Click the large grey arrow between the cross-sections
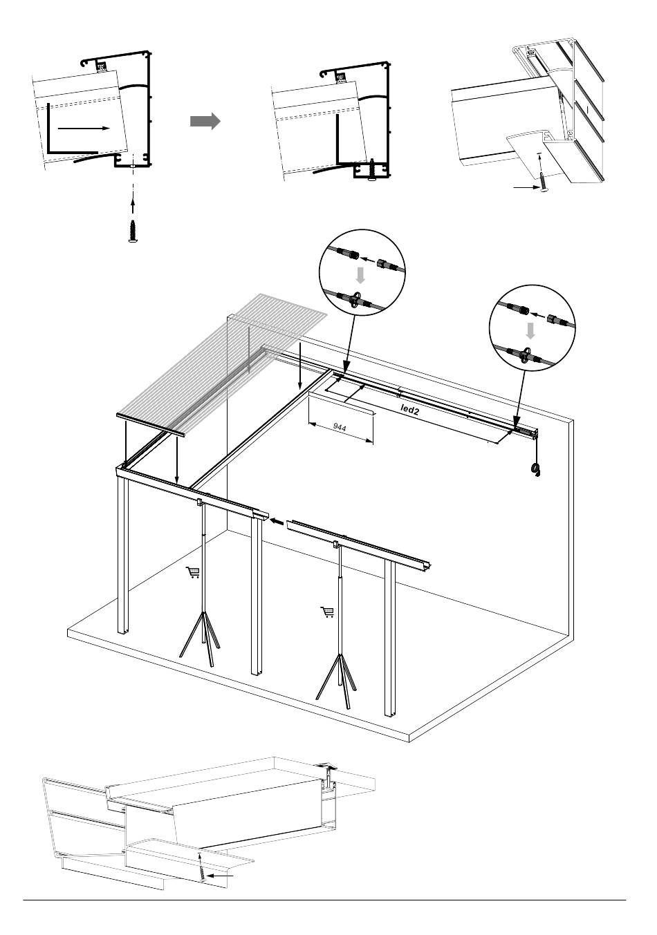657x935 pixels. [205, 122]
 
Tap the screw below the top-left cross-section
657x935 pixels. [132, 230]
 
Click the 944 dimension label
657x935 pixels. [340, 428]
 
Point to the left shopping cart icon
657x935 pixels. [193, 572]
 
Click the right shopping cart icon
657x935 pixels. [327, 612]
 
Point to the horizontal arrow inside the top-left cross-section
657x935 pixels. [83, 128]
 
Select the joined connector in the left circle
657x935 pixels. [355, 300]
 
